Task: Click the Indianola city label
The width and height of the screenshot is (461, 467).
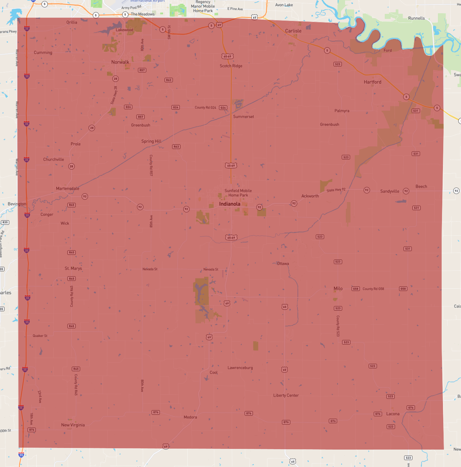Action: click(230, 204)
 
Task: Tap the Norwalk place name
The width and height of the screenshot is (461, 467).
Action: click(120, 62)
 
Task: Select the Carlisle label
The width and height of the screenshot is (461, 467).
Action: click(293, 31)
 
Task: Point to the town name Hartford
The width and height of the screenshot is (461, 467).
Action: click(372, 82)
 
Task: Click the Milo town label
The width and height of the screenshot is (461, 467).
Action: click(338, 288)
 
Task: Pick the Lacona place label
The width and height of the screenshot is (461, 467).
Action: click(393, 414)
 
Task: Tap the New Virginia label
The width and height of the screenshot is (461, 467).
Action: click(73, 425)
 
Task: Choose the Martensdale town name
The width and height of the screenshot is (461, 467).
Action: click(68, 188)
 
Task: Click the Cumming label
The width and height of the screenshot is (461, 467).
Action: click(43, 53)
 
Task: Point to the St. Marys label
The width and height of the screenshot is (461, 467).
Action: click(73, 268)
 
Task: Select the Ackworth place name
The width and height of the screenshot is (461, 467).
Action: click(310, 196)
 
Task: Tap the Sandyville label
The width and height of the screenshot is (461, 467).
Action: click(389, 191)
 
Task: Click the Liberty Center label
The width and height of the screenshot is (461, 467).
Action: click(286, 395)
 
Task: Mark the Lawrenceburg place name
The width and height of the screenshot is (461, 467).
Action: click(240, 368)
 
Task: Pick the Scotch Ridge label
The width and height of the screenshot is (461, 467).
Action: click(231, 66)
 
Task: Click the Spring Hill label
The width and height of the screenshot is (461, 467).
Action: click(151, 141)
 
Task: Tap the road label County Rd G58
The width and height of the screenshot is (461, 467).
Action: click(373, 289)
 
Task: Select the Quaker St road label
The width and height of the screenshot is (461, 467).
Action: click(40, 336)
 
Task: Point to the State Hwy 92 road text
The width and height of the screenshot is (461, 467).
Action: click(336, 190)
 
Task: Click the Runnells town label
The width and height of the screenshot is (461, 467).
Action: click(416, 18)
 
